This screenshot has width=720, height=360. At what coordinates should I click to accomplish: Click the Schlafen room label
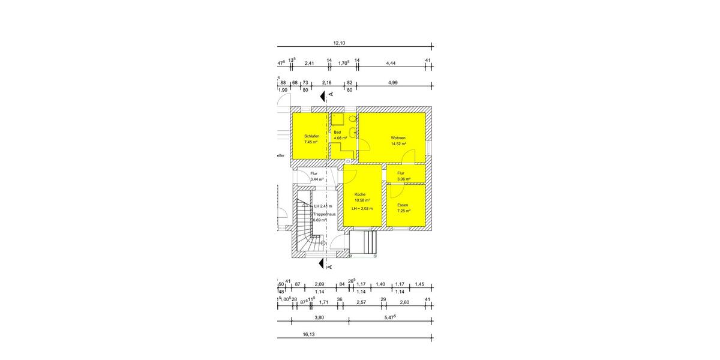[x=311, y=137]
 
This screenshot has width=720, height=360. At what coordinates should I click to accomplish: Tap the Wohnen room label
[x=398, y=138]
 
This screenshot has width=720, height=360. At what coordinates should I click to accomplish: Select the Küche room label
[x=360, y=194]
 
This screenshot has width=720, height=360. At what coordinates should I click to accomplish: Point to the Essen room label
[x=403, y=205]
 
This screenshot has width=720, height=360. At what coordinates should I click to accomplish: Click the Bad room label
[x=337, y=132]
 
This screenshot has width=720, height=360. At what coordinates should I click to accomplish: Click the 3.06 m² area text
[x=404, y=179]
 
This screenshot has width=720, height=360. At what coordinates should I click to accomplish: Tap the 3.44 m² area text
[x=317, y=179]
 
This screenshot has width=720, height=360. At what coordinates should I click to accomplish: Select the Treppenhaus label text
[x=324, y=214]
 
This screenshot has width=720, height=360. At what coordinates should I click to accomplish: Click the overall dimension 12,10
[x=339, y=43]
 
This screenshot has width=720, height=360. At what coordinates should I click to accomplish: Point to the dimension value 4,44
[x=391, y=62]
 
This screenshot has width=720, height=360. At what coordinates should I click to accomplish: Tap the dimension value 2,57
[x=361, y=302]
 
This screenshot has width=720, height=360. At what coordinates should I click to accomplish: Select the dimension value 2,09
[x=319, y=284]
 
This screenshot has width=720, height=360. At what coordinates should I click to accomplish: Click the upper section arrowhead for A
[x=323, y=95]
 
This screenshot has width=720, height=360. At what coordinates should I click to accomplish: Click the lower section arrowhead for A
[x=323, y=265]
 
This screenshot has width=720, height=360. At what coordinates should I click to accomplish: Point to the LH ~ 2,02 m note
[x=362, y=208]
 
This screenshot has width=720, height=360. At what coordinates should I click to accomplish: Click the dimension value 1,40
[x=380, y=284]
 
